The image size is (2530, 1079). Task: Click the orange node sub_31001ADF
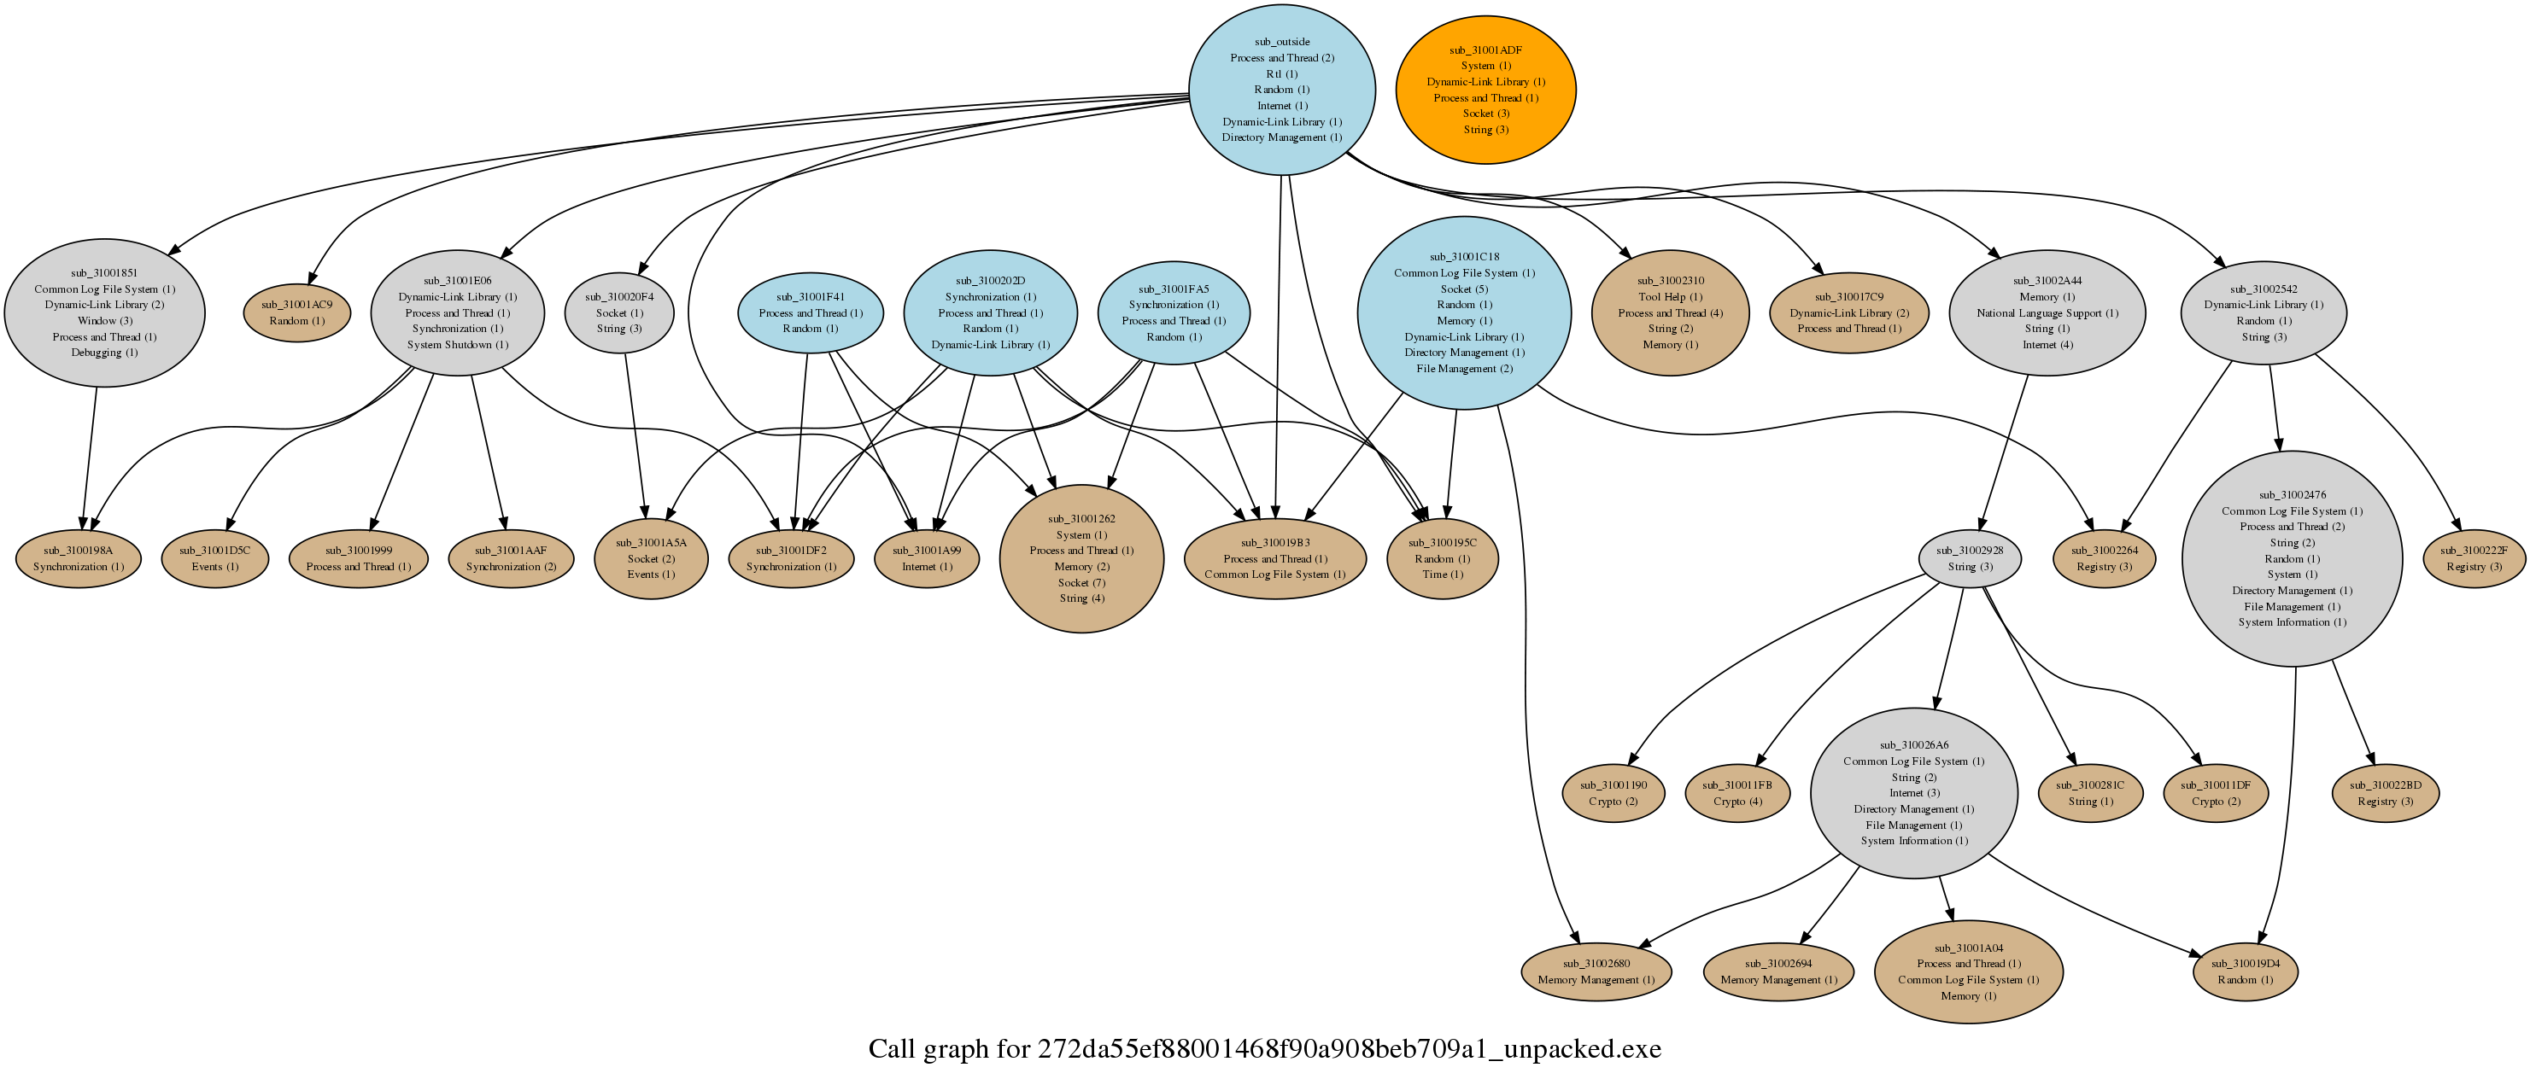click(1485, 90)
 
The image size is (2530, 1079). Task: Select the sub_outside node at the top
click(1282, 90)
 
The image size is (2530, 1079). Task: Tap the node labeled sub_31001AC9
click(296, 313)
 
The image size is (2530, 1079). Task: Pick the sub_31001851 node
click(104, 313)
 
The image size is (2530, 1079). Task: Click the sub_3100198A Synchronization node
click(78, 558)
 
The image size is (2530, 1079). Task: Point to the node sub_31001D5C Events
click(214, 558)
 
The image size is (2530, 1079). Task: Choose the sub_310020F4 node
click(618, 313)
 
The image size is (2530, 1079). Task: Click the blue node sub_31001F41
click(811, 313)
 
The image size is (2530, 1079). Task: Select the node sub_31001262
click(1081, 558)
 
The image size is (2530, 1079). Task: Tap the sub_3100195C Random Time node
click(1442, 558)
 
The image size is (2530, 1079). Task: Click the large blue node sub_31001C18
click(1463, 313)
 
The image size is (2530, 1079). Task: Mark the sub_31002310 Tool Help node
click(1670, 313)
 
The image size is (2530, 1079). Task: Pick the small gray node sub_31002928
click(1969, 558)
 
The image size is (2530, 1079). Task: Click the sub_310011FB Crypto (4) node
click(1737, 793)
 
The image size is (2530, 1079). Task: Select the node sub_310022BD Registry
click(2385, 793)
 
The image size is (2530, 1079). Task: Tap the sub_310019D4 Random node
click(2246, 972)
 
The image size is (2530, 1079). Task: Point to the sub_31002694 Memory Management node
click(1778, 972)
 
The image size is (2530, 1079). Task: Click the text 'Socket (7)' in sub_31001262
click(1081, 583)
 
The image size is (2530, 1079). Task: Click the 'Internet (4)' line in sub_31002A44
click(2047, 345)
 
